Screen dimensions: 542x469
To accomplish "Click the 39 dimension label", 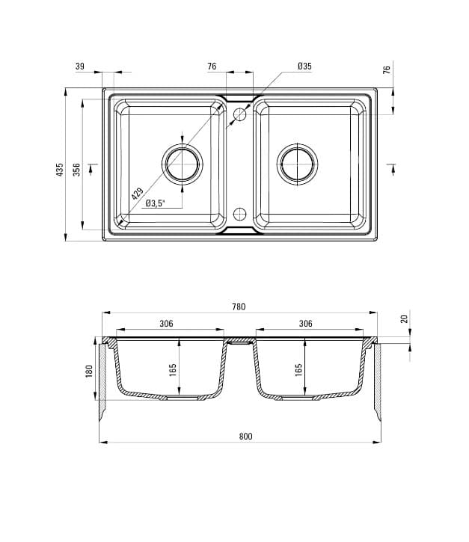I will pos(80,67).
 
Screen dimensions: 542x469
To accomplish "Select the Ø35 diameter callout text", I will pos(304,67).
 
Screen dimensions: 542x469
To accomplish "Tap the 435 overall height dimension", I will pos(60,170).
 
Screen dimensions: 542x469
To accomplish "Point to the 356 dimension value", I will pos(76,170).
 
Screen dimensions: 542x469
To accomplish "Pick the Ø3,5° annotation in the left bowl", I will pos(155,203).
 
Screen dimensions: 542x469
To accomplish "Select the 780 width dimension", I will pos(239,307).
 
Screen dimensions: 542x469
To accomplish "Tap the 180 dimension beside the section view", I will pos(90,371).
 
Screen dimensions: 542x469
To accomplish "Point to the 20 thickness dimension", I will pos(405,319).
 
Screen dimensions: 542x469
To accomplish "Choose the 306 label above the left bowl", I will pos(166,324).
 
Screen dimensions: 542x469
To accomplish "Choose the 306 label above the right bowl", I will pos(305,324).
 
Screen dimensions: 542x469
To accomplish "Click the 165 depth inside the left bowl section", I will pos(174,369).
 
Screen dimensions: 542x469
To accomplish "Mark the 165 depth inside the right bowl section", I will pos(298,369).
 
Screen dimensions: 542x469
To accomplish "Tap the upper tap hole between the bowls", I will pos(240,115).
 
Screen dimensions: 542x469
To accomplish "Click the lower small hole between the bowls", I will pos(240,213).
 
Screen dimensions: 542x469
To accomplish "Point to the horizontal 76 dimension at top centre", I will pos(212,67).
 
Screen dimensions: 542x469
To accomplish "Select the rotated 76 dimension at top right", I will pos(387,70).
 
